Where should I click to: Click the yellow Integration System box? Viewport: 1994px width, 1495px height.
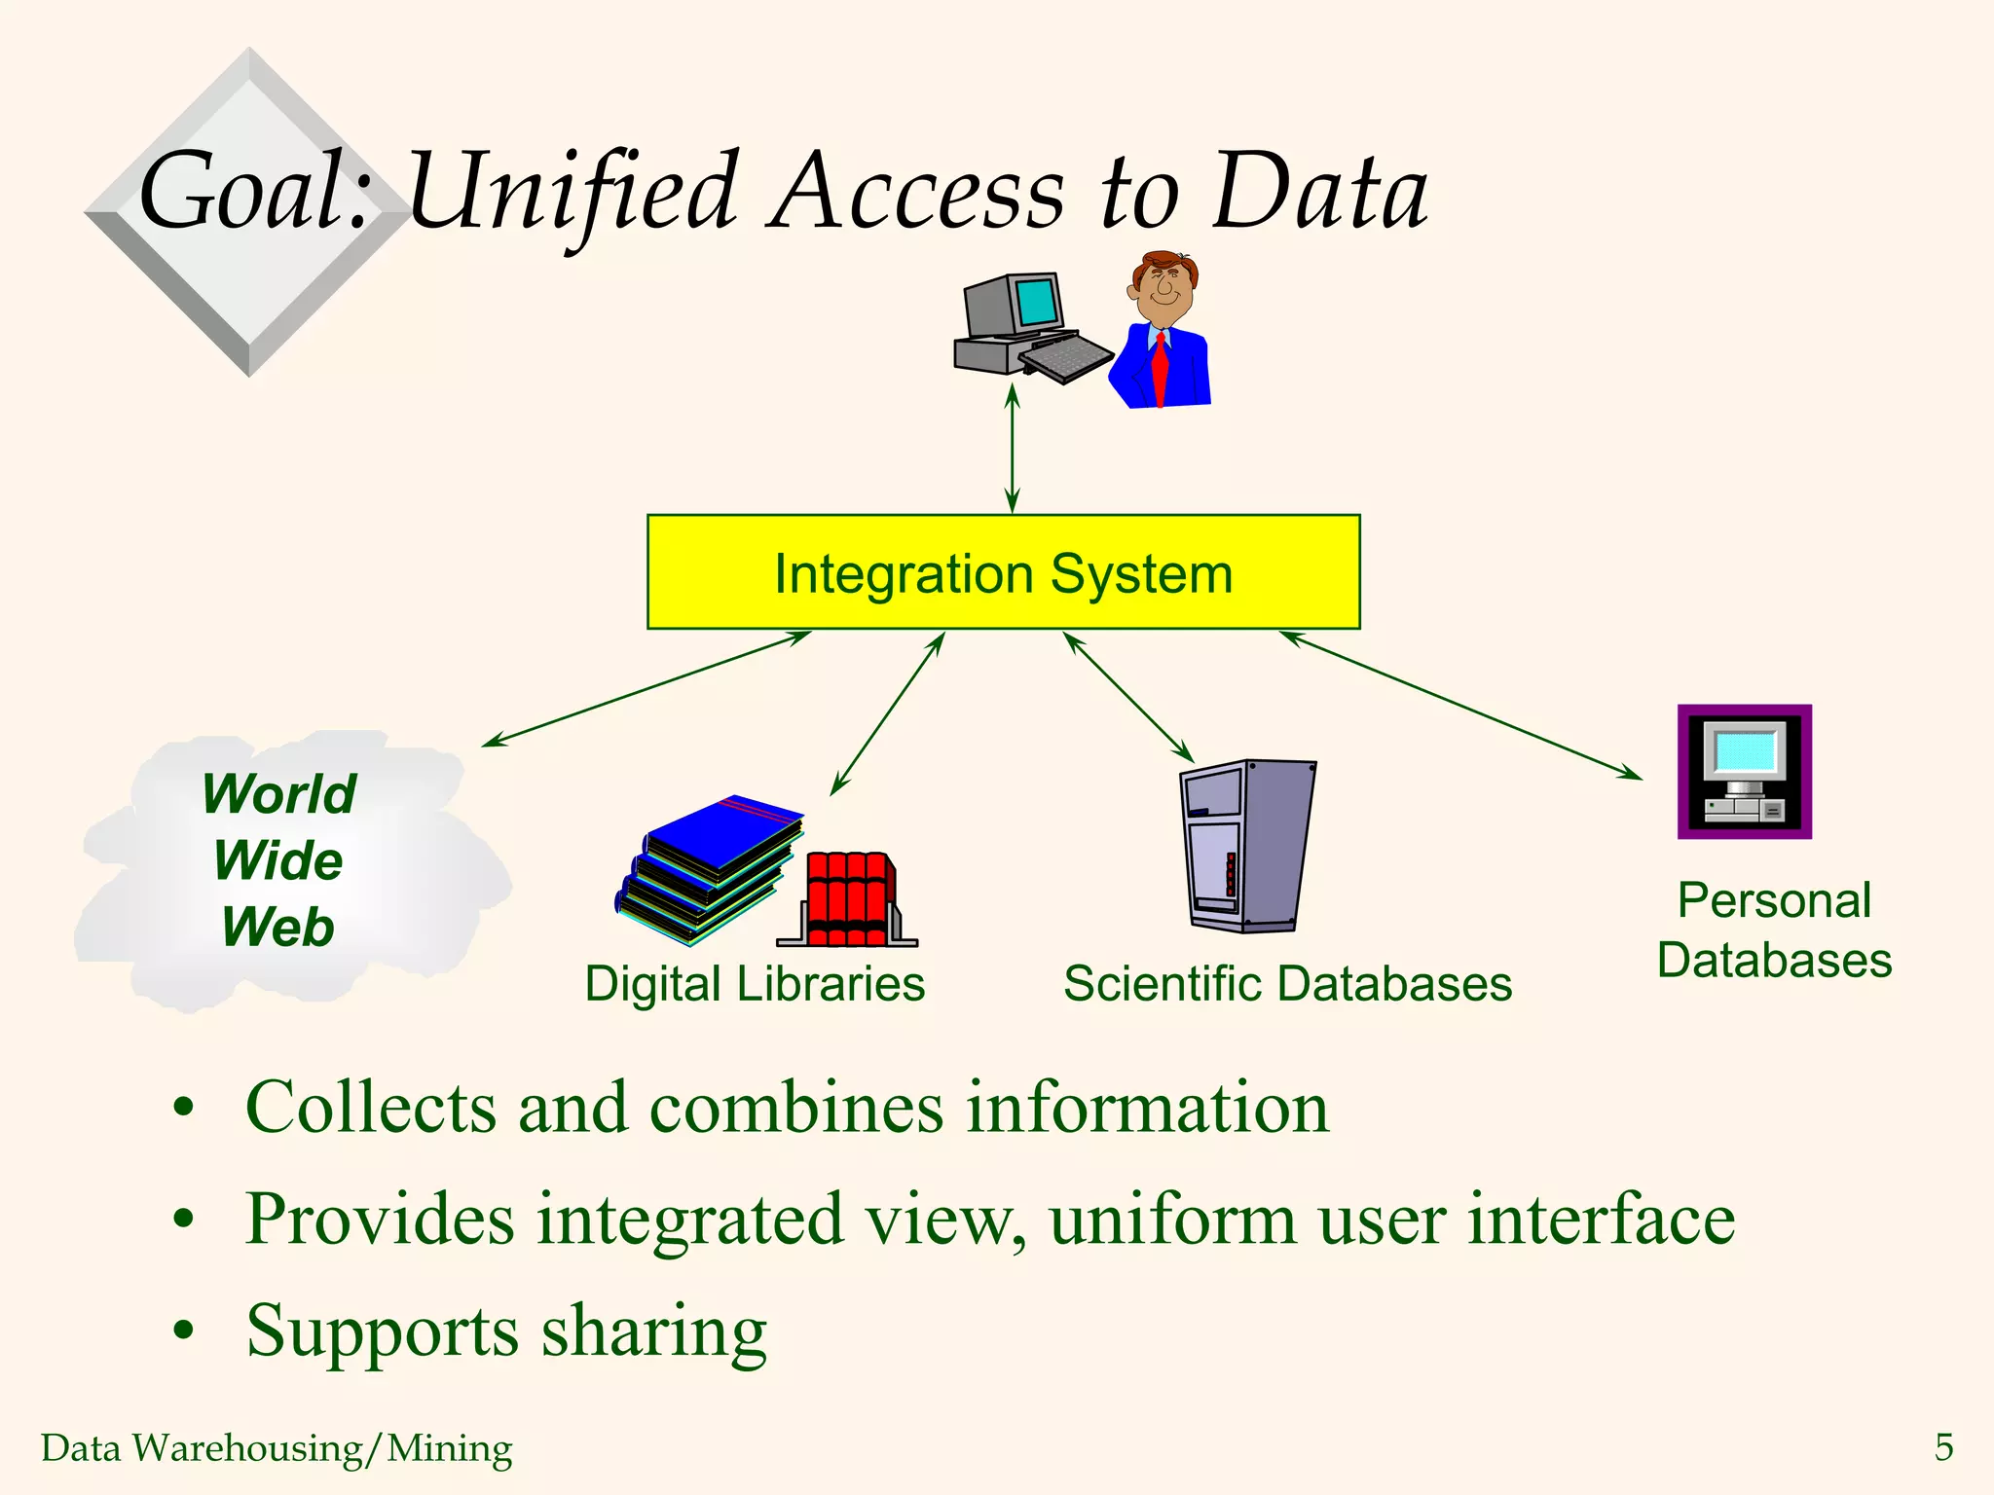1003,572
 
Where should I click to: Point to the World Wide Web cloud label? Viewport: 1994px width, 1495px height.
278,860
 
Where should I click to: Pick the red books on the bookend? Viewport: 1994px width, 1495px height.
850,897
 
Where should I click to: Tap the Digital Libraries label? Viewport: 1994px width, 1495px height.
755,983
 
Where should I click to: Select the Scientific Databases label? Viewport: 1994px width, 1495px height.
1287,983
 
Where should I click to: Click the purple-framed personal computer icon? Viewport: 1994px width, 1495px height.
1744,772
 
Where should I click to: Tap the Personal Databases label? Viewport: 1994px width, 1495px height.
1774,930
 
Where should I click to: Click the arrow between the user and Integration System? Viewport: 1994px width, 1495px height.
1012,448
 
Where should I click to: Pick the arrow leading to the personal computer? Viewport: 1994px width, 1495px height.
1460,706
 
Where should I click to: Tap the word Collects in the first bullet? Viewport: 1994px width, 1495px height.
370,1108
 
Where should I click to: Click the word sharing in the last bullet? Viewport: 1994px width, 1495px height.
653,1331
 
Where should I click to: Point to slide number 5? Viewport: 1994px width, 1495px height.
1943,1447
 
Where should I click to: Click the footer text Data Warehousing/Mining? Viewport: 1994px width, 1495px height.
277,1448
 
